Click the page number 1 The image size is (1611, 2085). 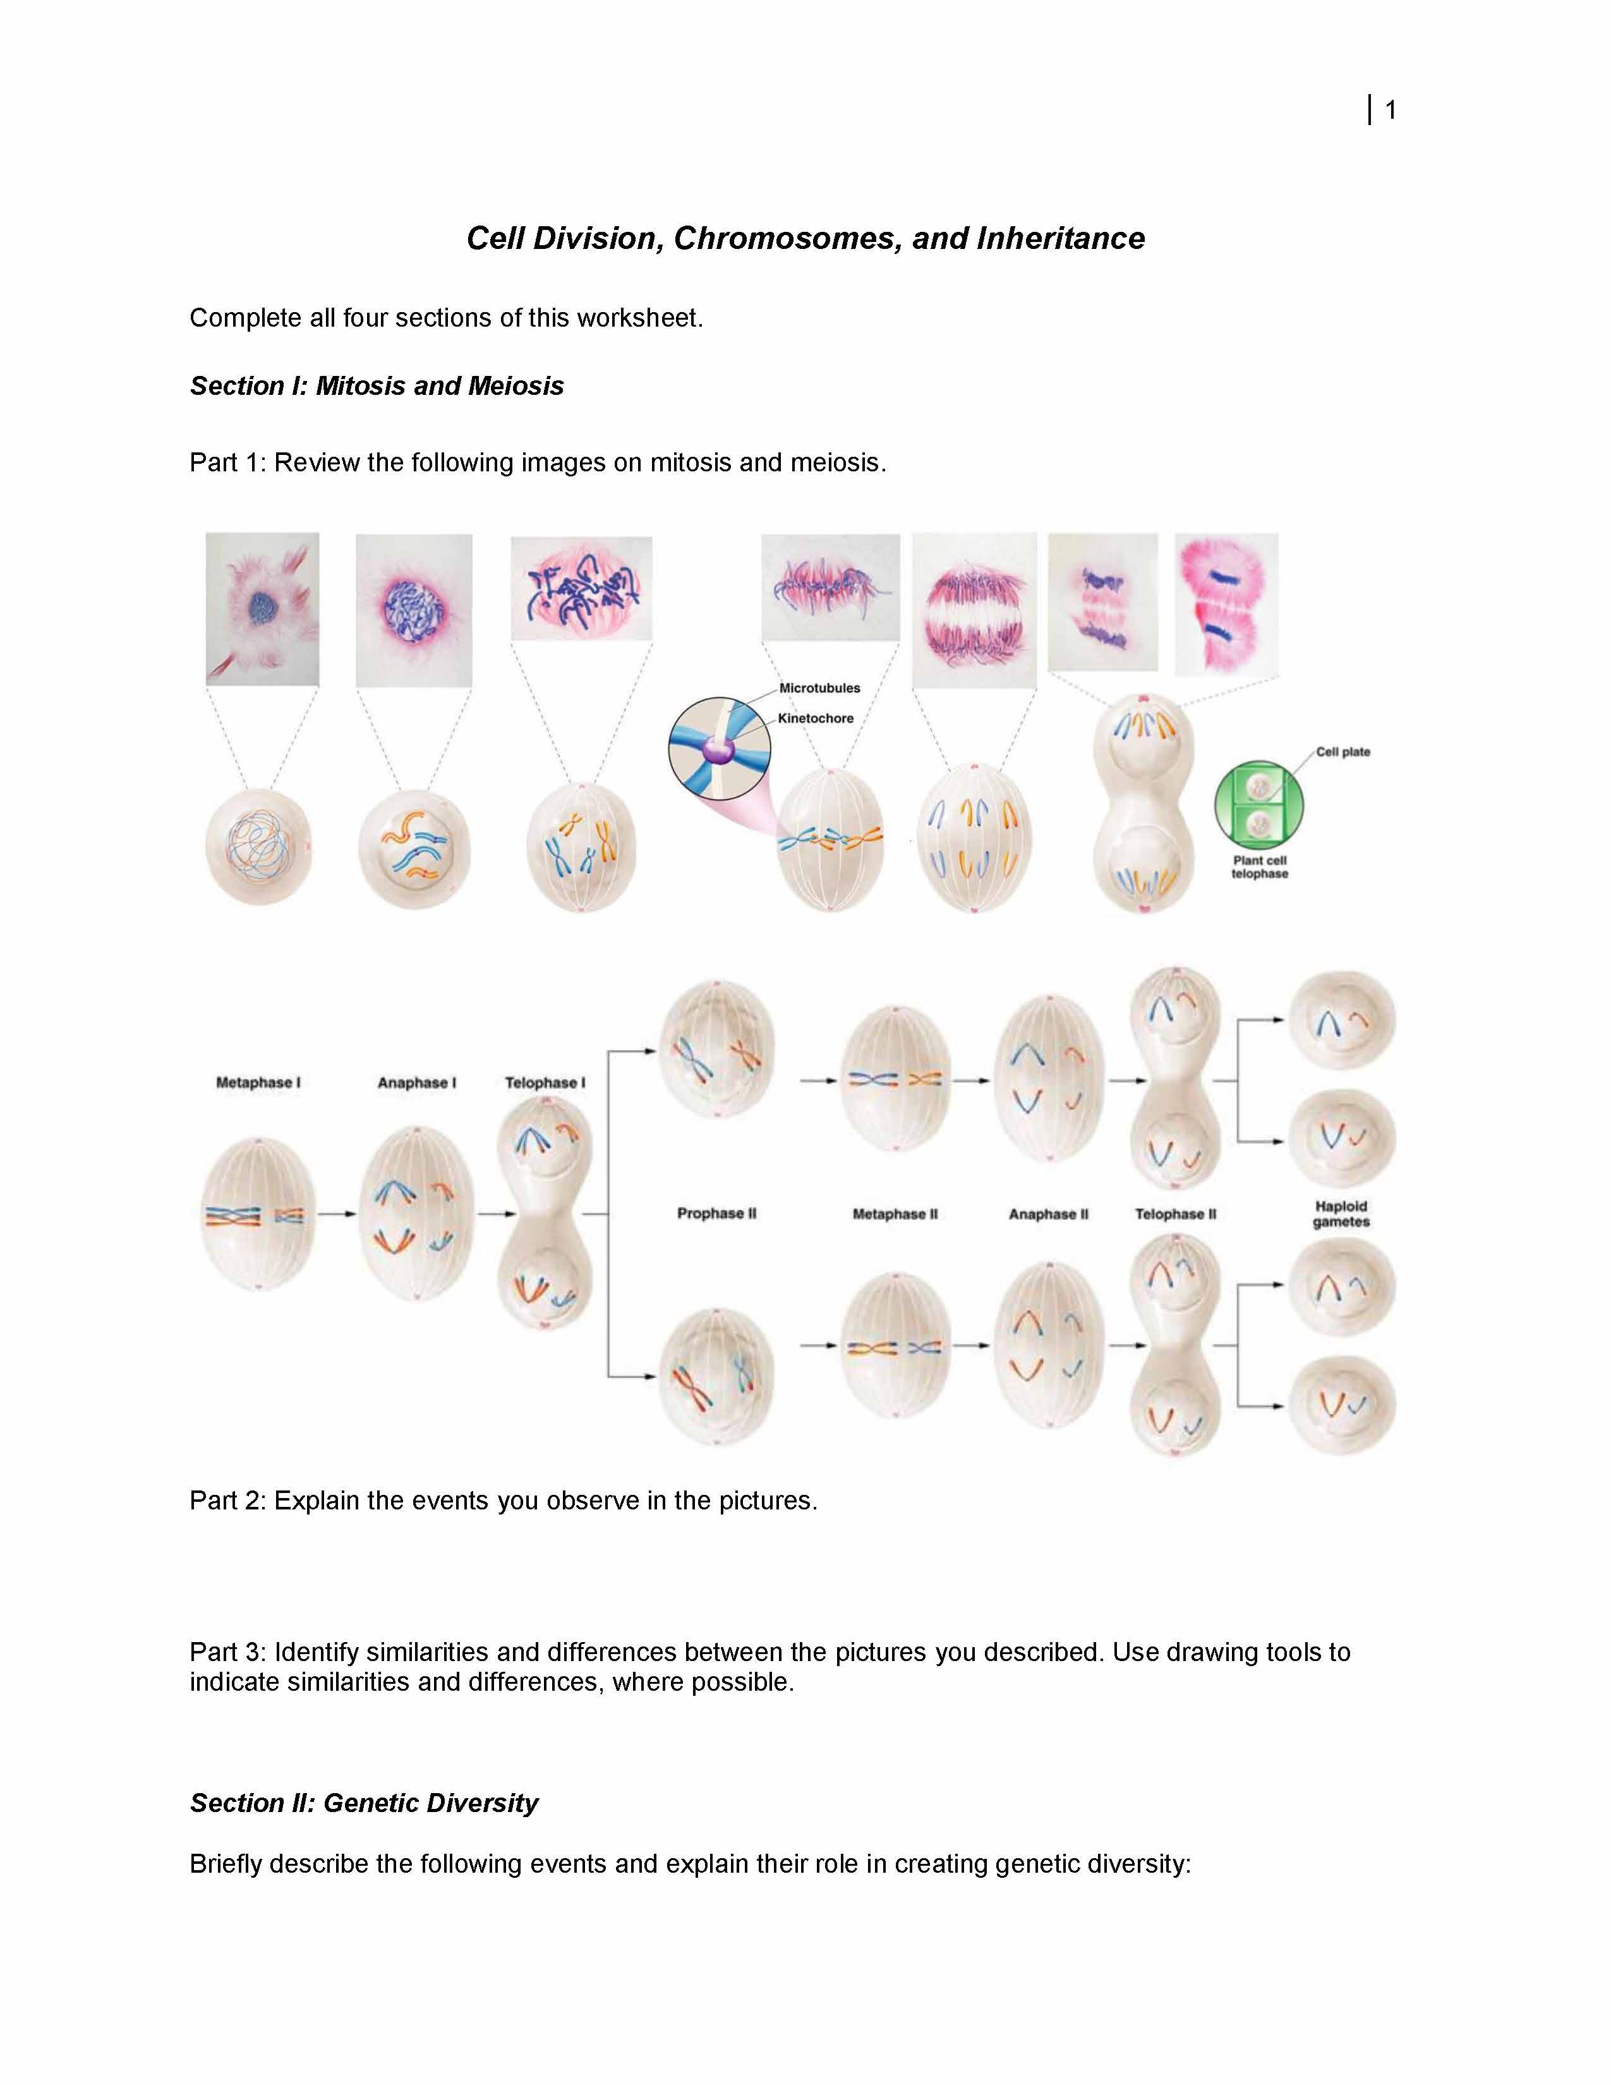1391,111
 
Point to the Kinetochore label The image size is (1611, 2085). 816,718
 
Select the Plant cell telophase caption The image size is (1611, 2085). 1260,867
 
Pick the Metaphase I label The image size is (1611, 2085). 258,1082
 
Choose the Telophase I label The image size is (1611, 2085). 545,1082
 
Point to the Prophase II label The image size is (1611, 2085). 717,1213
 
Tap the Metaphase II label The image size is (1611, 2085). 895,1214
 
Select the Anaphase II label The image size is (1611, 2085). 1049,1214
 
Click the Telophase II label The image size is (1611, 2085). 1176,1214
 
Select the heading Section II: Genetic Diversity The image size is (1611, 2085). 364,1803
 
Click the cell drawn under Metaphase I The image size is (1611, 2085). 258,1213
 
